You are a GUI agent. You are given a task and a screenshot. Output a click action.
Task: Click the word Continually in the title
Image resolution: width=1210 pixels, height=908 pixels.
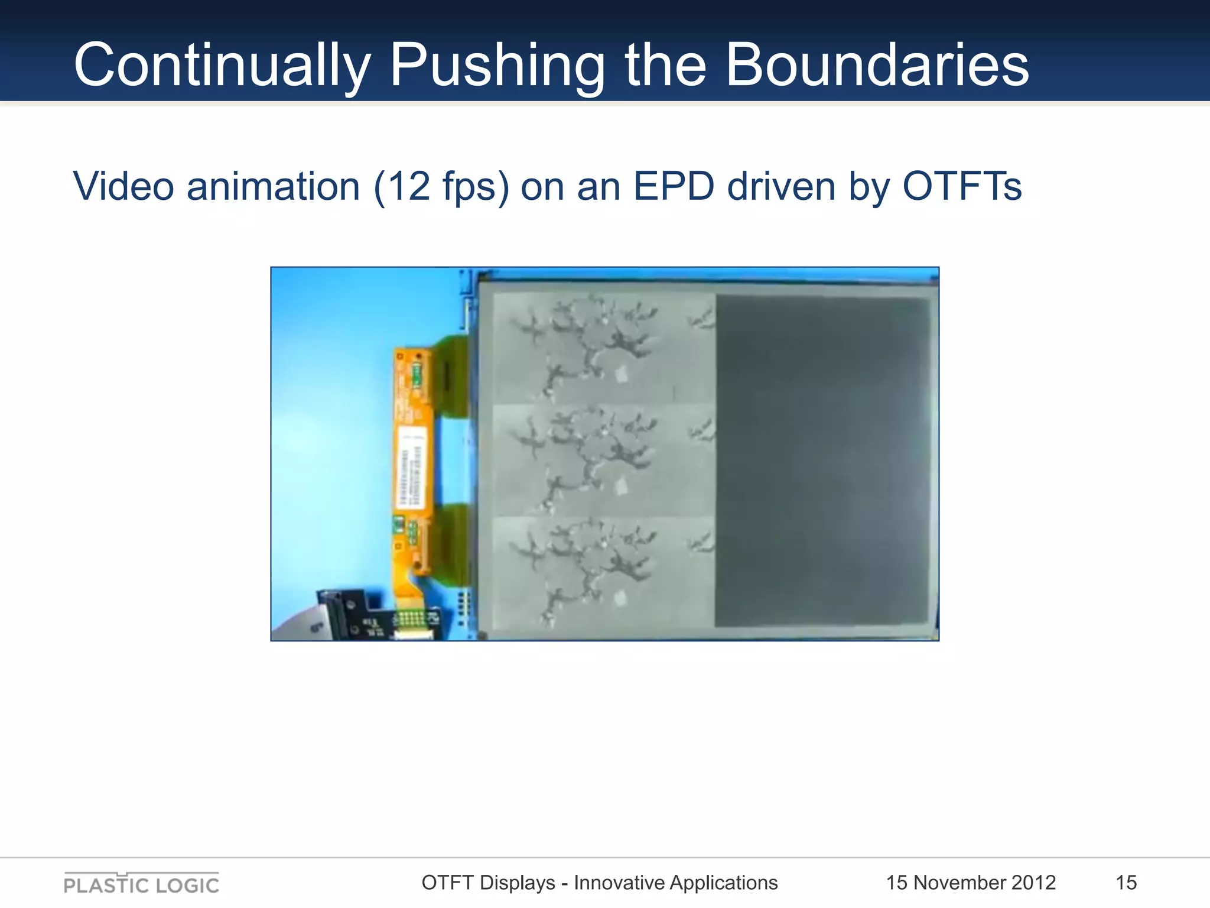click(222, 65)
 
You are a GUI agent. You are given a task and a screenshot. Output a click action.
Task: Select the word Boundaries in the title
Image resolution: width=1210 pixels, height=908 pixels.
click(877, 65)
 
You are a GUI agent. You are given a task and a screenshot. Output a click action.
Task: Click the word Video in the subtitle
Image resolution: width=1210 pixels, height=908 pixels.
click(123, 187)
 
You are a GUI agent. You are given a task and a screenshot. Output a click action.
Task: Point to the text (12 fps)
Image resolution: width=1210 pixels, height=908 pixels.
click(441, 187)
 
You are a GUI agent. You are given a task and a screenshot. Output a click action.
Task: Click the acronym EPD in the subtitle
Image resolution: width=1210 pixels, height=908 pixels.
click(674, 187)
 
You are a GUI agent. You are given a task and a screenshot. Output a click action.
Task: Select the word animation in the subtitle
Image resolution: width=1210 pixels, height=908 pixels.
click(273, 187)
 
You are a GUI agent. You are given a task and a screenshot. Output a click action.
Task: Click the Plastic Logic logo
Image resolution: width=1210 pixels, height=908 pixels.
click(141, 884)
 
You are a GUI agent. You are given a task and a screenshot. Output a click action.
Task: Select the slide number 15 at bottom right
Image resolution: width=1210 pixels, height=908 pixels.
click(1126, 883)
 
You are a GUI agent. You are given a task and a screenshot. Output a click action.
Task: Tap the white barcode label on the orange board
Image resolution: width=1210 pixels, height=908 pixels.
click(411, 467)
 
